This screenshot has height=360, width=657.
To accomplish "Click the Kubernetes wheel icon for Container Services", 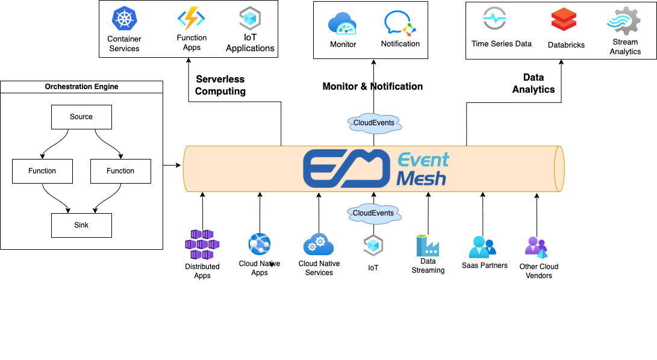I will coord(124,18).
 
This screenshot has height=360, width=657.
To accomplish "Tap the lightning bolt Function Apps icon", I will coord(191,18).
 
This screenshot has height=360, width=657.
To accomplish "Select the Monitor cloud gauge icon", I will coord(343,24).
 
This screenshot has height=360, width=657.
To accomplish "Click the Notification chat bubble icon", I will coord(400,23).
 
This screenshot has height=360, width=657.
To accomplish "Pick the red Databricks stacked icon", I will coord(564,20).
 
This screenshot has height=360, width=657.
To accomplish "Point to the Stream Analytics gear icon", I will coord(623,20).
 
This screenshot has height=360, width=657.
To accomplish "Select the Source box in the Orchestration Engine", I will coord(81,117).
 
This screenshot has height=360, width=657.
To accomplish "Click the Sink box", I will coord(81,225).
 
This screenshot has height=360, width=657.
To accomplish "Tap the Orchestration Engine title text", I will coord(81,87).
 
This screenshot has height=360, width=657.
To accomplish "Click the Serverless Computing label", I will coord(220,85).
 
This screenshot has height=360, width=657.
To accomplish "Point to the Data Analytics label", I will coord(534,84).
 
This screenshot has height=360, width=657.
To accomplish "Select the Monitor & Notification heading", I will coord(373,87).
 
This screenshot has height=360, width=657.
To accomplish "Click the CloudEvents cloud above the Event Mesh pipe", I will coord(374,123).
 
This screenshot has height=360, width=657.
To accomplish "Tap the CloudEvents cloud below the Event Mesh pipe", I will coord(373,213).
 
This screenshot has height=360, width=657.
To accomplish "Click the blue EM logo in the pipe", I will coord(346,168).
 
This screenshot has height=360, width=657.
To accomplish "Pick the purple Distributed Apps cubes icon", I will coord(202,244).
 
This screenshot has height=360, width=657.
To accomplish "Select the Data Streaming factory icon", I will coord(428,245).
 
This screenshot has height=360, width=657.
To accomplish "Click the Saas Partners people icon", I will coord(483,247).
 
